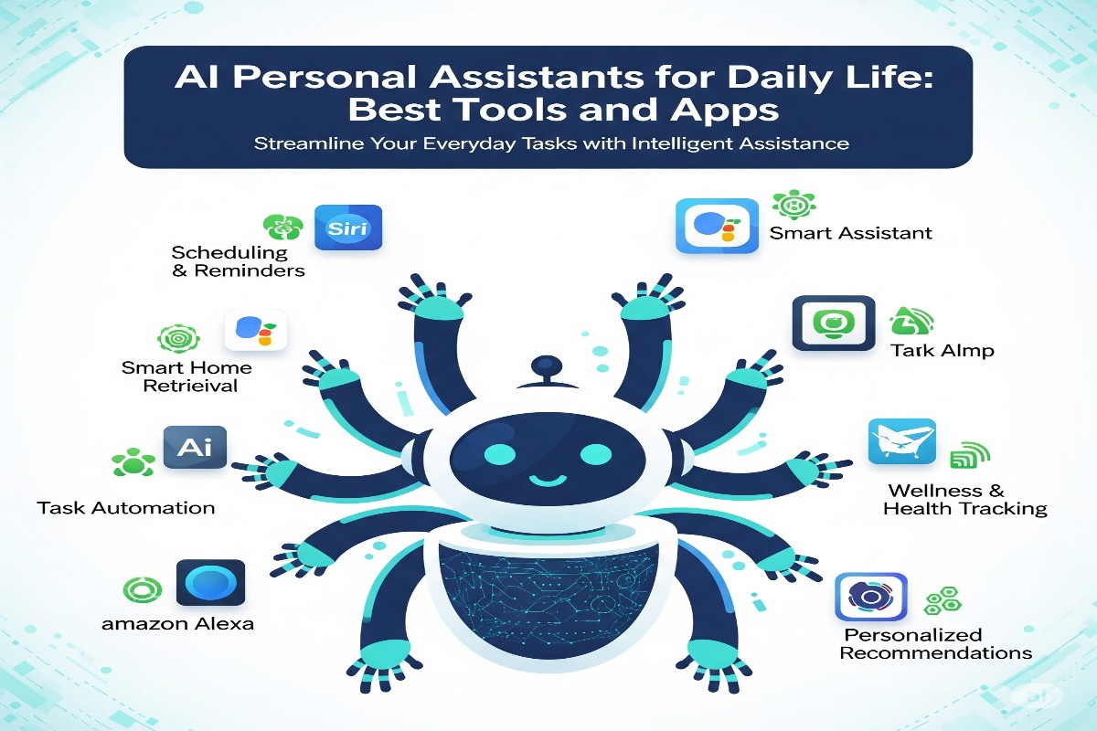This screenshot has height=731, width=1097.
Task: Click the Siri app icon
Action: [x=347, y=227]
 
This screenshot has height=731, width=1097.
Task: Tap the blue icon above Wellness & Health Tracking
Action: [x=900, y=445]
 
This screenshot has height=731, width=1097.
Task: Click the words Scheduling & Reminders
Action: [x=238, y=261]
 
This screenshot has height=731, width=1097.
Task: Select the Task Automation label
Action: [x=126, y=507]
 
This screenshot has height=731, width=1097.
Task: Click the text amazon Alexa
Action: [x=178, y=625]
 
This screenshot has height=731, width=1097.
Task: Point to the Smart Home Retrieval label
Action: [x=186, y=376]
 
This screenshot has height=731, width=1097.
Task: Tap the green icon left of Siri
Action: [x=280, y=227]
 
